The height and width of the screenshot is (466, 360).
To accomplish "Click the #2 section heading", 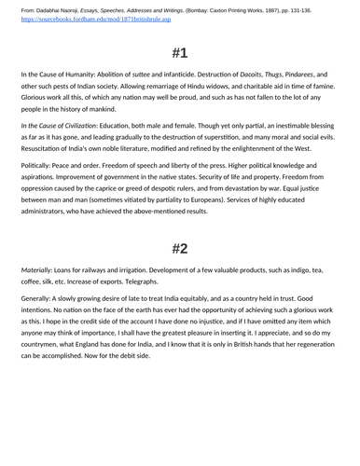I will (x=180, y=248).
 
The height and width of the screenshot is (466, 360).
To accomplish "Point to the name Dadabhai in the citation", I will (x=49, y=9).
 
